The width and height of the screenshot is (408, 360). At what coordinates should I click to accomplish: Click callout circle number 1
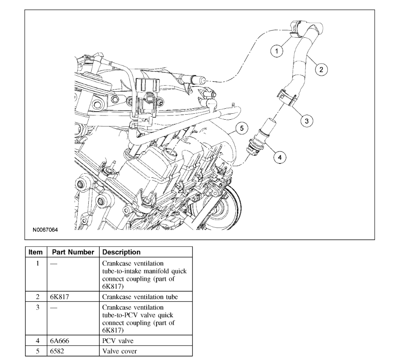[x=277, y=51]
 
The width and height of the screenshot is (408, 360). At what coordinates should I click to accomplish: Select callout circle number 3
[x=307, y=121]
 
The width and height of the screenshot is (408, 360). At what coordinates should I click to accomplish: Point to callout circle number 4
[x=279, y=157]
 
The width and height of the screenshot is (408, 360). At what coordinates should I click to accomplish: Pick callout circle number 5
[x=240, y=127]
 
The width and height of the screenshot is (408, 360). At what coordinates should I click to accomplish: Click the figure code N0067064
[x=45, y=230]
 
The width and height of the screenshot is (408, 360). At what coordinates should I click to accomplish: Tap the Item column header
[x=36, y=252]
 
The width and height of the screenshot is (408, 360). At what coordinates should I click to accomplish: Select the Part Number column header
[x=73, y=252]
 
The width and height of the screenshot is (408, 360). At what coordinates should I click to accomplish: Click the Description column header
[x=122, y=252]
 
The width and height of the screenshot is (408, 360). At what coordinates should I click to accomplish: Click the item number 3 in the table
[x=37, y=306]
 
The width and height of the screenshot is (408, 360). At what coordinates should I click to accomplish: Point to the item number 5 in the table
[x=37, y=351]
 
